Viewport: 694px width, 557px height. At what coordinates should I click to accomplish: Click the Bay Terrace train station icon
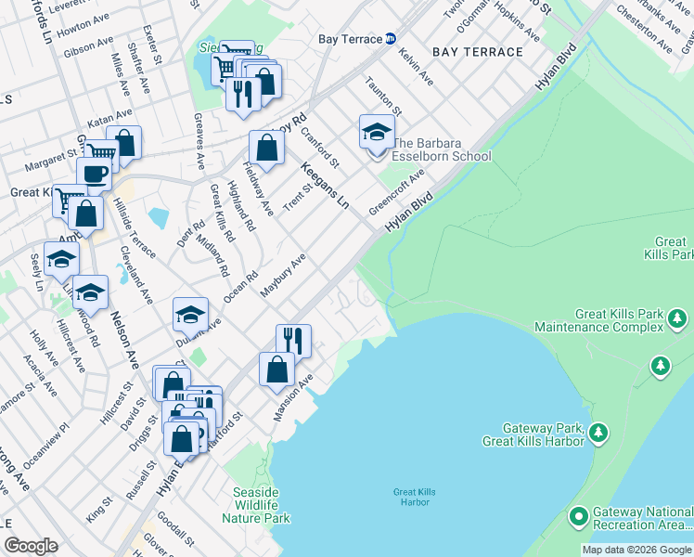click(x=391, y=39)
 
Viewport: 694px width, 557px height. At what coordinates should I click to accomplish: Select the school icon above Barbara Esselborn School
click(x=376, y=132)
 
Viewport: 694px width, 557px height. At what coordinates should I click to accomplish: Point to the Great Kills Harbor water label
click(x=414, y=497)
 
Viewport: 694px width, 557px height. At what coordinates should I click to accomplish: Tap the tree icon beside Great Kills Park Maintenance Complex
click(x=677, y=320)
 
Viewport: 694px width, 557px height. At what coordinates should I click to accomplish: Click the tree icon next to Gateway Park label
click(x=599, y=432)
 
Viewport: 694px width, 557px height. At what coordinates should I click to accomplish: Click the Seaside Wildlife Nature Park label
click(x=256, y=504)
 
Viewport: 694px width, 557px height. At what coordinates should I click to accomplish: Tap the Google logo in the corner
click(x=31, y=545)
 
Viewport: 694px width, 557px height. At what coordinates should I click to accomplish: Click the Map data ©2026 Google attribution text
click(x=636, y=550)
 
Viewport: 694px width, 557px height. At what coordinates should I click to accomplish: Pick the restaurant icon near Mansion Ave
click(x=293, y=340)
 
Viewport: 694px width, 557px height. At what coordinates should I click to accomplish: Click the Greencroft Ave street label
click(x=396, y=189)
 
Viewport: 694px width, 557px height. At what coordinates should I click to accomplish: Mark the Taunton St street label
click(x=383, y=97)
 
